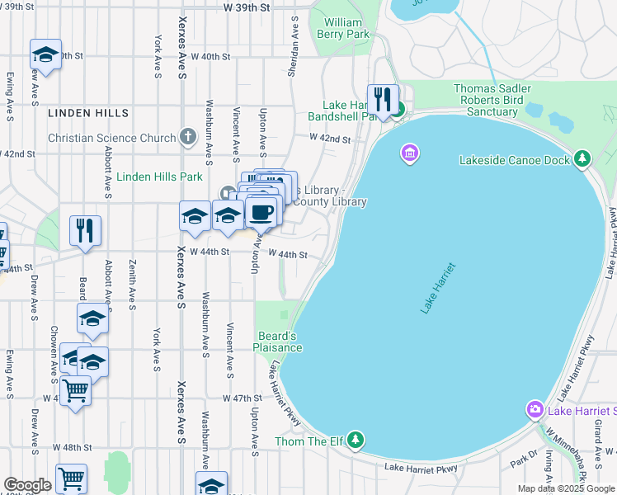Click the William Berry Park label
point(346,28)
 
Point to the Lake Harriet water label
point(437,287)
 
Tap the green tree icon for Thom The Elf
point(356,440)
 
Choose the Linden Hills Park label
point(159,177)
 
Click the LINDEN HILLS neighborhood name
point(87,112)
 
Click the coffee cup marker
point(261,212)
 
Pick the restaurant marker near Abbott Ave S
point(85,231)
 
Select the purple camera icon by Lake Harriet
point(535,410)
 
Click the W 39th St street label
point(247,7)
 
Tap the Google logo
point(27,485)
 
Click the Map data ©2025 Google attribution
point(565,488)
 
